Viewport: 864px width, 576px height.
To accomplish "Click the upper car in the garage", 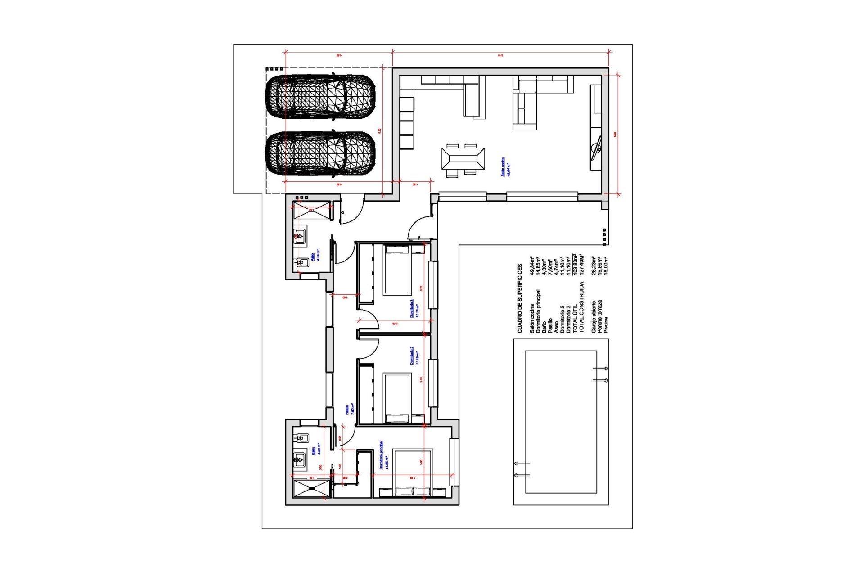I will (x=320, y=97).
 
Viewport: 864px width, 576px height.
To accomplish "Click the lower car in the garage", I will (x=320, y=153).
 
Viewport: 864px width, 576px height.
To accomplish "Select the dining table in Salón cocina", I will (x=463, y=159).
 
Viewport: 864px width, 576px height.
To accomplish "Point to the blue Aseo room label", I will (x=315, y=255).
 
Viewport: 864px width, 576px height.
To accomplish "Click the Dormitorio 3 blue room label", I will (x=414, y=309).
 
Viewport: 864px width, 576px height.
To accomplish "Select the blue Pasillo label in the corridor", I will (x=350, y=409).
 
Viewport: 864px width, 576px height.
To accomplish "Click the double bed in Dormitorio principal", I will (x=412, y=471).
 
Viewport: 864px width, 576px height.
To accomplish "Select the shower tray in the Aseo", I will (x=312, y=211).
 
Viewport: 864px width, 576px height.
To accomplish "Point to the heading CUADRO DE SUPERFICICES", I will (x=520, y=298).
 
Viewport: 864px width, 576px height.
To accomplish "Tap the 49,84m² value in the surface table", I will (x=532, y=265).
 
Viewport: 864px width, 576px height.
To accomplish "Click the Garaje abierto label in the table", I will (x=594, y=317).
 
